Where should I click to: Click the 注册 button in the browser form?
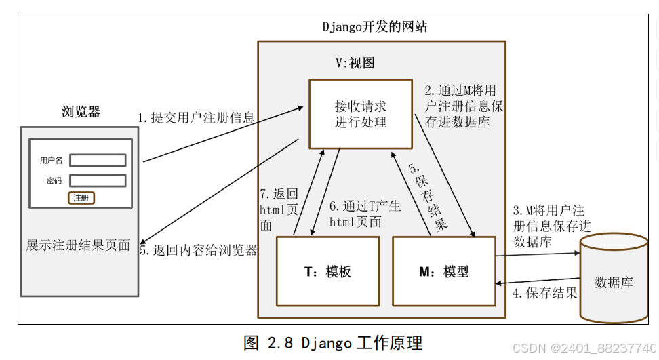click(x=81, y=198)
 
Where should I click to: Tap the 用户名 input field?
click(x=98, y=160)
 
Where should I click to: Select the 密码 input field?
click(x=98, y=181)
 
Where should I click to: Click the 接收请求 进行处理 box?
click(x=360, y=114)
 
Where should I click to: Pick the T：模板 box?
click(x=327, y=271)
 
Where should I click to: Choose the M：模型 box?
click(x=444, y=271)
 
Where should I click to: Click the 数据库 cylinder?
click(x=613, y=279)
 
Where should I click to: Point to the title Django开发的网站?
click(x=374, y=27)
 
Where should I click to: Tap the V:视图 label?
click(x=355, y=63)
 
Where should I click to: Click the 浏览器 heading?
click(x=81, y=112)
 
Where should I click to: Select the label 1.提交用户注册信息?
click(x=197, y=118)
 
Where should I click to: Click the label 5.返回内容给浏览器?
click(x=199, y=250)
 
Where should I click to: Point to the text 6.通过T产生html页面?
click(x=365, y=214)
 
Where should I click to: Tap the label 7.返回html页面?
click(x=279, y=209)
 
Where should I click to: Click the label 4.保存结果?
click(x=544, y=294)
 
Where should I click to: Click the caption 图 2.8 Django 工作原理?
click(x=337, y=342)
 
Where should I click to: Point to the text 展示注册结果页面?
click(x=78, y=245)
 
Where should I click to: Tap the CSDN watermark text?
click(x=584, y=347)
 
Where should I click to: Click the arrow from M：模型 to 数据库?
click(x=537, y=254)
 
